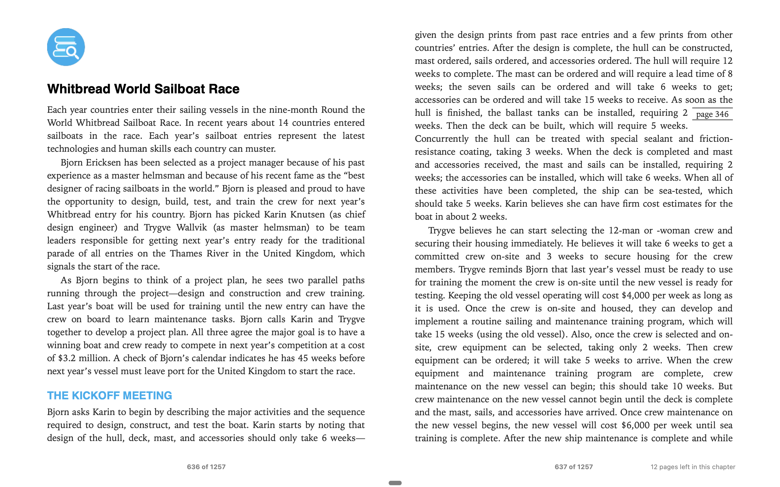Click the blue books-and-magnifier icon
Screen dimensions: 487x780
click(66, 47)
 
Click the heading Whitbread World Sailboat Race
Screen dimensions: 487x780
click(143, 89)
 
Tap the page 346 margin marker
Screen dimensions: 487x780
click(712, 114)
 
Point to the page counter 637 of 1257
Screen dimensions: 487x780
click(573, 467)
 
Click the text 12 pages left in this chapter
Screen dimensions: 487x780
click(693, 467)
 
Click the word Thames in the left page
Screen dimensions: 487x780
click(186, 254)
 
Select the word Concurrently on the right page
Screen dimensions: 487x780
click(441, 139)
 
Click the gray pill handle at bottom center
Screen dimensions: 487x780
click(395, 483)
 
